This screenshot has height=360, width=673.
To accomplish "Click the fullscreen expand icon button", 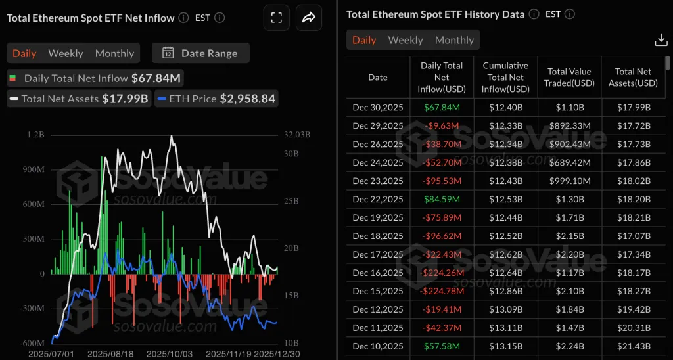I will coord(276,18).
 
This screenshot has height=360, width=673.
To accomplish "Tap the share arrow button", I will coord(308,18).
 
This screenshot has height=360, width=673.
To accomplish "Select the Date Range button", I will coord(200,53).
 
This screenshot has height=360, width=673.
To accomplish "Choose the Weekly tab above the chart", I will coord(66,53).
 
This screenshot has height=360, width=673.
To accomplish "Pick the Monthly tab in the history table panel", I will coord(454,40).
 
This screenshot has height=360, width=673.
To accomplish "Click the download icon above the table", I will coord(661,40).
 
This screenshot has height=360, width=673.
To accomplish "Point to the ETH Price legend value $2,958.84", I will coord(247,99).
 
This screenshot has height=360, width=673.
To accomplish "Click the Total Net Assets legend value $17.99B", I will coord(125,99).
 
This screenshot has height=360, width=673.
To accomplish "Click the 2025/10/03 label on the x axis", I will coord(170,354).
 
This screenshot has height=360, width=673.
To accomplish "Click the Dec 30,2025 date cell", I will coord(378,107).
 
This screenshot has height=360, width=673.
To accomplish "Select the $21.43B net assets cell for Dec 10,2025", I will coord(634,346).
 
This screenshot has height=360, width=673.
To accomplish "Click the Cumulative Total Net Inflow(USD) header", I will coord(505,78).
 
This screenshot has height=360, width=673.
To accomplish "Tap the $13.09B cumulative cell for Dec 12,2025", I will coord(505,309).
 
